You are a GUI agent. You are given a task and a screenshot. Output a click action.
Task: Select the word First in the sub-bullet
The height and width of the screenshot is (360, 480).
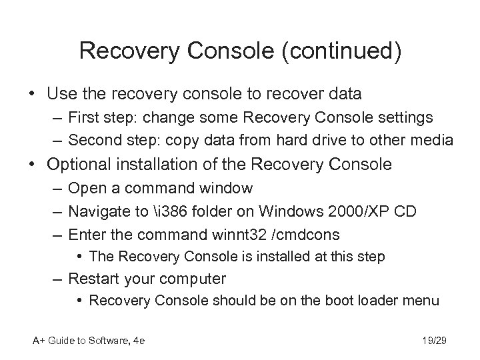[x=84, y=118]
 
